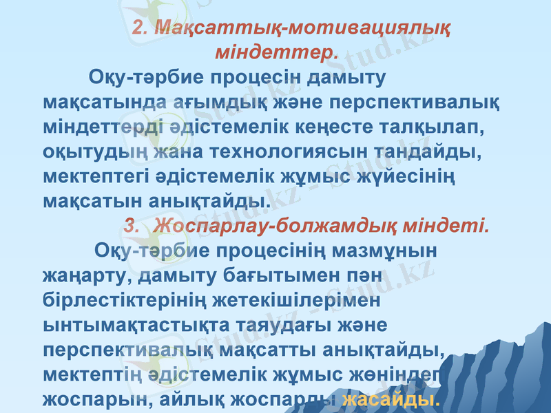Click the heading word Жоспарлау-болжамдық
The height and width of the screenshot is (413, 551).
267,225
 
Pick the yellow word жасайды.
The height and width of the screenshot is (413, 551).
391,399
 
